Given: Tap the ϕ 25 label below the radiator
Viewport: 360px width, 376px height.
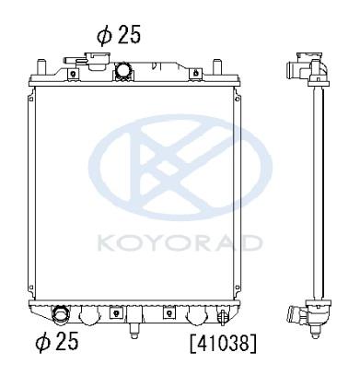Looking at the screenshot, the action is (57, 341).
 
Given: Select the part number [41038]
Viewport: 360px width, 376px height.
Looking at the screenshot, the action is (223, 343).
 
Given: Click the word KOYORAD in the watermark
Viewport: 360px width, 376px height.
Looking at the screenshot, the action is (180, 242).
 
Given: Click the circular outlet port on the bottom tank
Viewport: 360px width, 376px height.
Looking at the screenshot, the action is (61, 313).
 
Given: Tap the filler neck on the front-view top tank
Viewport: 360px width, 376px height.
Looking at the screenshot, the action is (98, 60).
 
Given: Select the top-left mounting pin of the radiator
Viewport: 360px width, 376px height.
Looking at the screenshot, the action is (41, 66).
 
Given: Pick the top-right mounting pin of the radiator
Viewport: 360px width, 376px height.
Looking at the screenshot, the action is (217, 66).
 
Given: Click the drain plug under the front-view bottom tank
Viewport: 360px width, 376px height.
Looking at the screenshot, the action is (134, 331).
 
